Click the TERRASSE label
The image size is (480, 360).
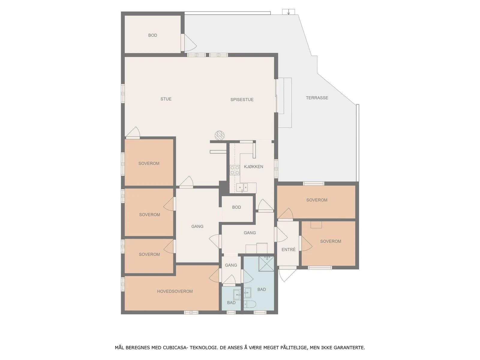(x=317, y=98)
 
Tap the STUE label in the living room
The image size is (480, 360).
(x=166, y=99)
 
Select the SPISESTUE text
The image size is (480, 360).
(x=242, y=100)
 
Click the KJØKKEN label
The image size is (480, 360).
(x=253, y=167)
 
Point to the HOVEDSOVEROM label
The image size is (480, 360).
(x=175, y=291)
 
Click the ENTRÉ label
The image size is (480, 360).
(x=289, y=250)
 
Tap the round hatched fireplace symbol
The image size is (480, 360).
(x=220, y=135)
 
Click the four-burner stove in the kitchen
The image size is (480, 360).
(x=235, y=170)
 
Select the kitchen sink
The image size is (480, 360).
(x=242, y=188)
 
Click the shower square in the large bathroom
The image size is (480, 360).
(x=266, y=264)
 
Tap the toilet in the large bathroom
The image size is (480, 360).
(x=250, y=304)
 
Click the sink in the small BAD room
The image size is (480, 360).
(x=237, y=295)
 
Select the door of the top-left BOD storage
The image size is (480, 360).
(x=189, y=43)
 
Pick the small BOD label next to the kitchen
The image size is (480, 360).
(x=236, y=207)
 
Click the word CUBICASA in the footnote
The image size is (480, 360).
(x=174, y=348)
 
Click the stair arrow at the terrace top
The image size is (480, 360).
(x=289, y=12)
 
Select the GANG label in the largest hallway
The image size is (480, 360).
(x=197, y=226)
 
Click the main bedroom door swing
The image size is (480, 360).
(x=214, y=275)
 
